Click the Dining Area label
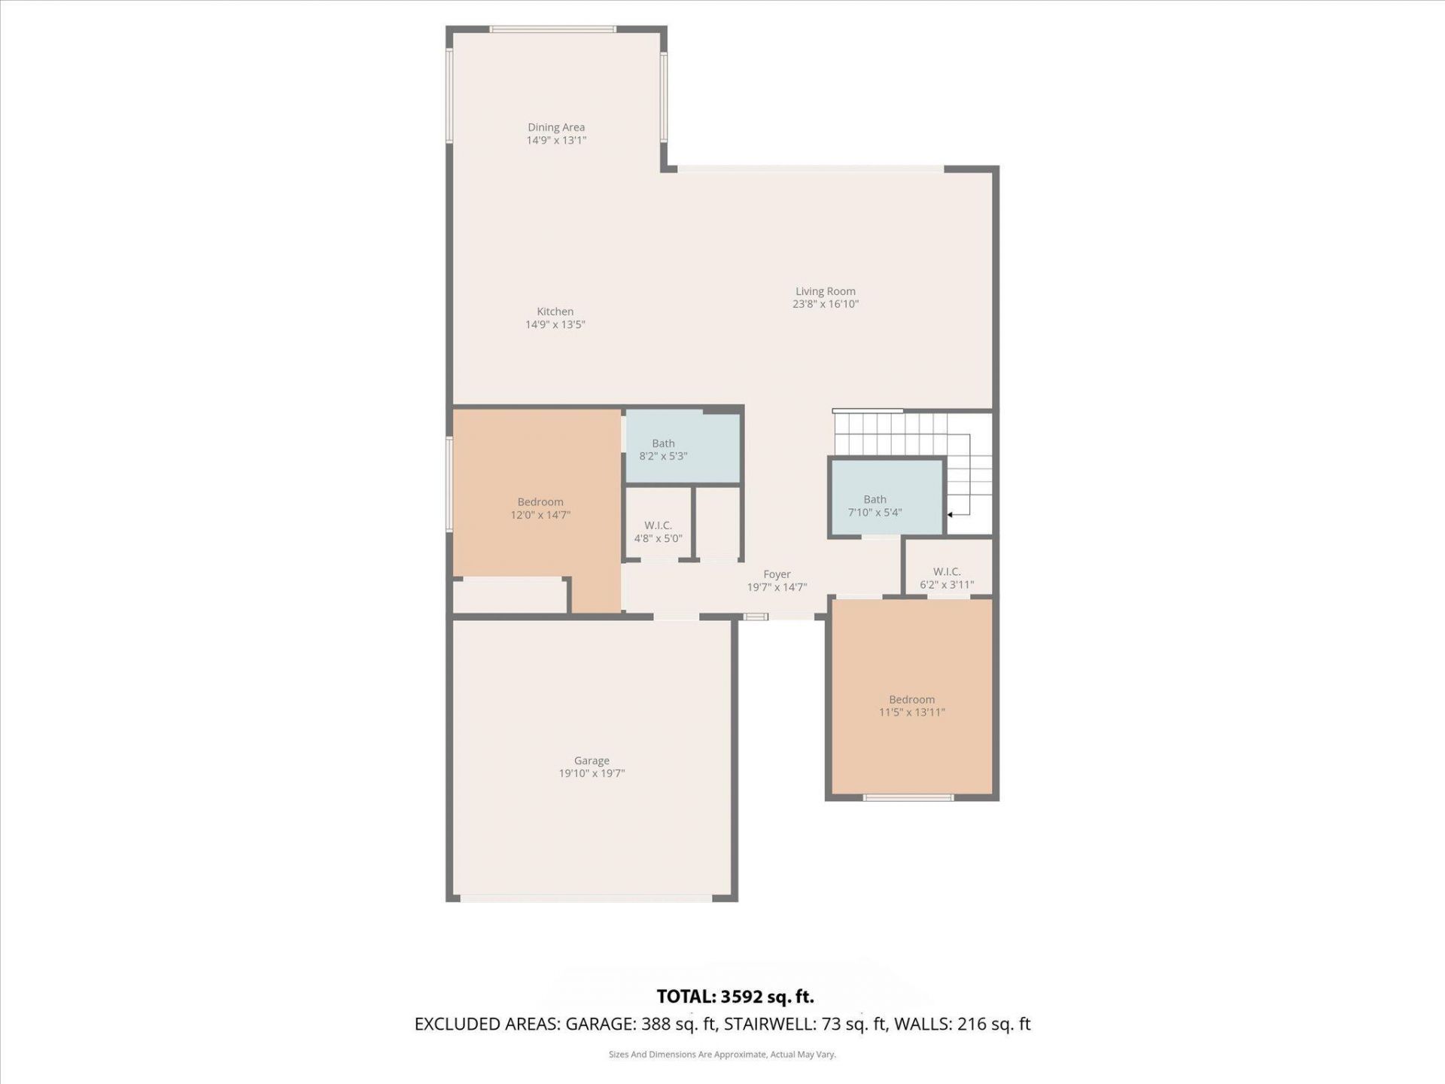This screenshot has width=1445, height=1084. (x=555, y=127)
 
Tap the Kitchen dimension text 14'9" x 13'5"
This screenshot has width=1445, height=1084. (x=555, y=324)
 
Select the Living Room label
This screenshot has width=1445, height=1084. (x=825, y=291)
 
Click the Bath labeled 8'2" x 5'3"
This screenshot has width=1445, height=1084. (x=663, y=449)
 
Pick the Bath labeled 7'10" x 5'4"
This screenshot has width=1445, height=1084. (x=875, y=505)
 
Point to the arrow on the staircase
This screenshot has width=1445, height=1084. (x=951, y=514)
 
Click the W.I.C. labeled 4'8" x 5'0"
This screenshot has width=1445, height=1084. (x=658, y=531)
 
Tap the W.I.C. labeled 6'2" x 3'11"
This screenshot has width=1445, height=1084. (x=946, y=577)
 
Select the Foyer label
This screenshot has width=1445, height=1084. (x=777, y=574)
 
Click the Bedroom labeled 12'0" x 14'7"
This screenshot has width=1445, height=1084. (x=540, y=508)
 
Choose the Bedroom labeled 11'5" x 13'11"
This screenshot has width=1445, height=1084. (x=911, y=705)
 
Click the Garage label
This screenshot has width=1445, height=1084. (x=591, y=761)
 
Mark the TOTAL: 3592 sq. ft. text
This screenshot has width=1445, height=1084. (x=735, y=997)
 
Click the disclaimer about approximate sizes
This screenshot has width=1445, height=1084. (x=722, y=1055)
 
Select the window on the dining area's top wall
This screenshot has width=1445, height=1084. (x=552, y=29)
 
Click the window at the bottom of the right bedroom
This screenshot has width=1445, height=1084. (x=908, y=797)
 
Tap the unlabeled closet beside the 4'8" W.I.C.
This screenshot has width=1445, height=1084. (x=717, y=523)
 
